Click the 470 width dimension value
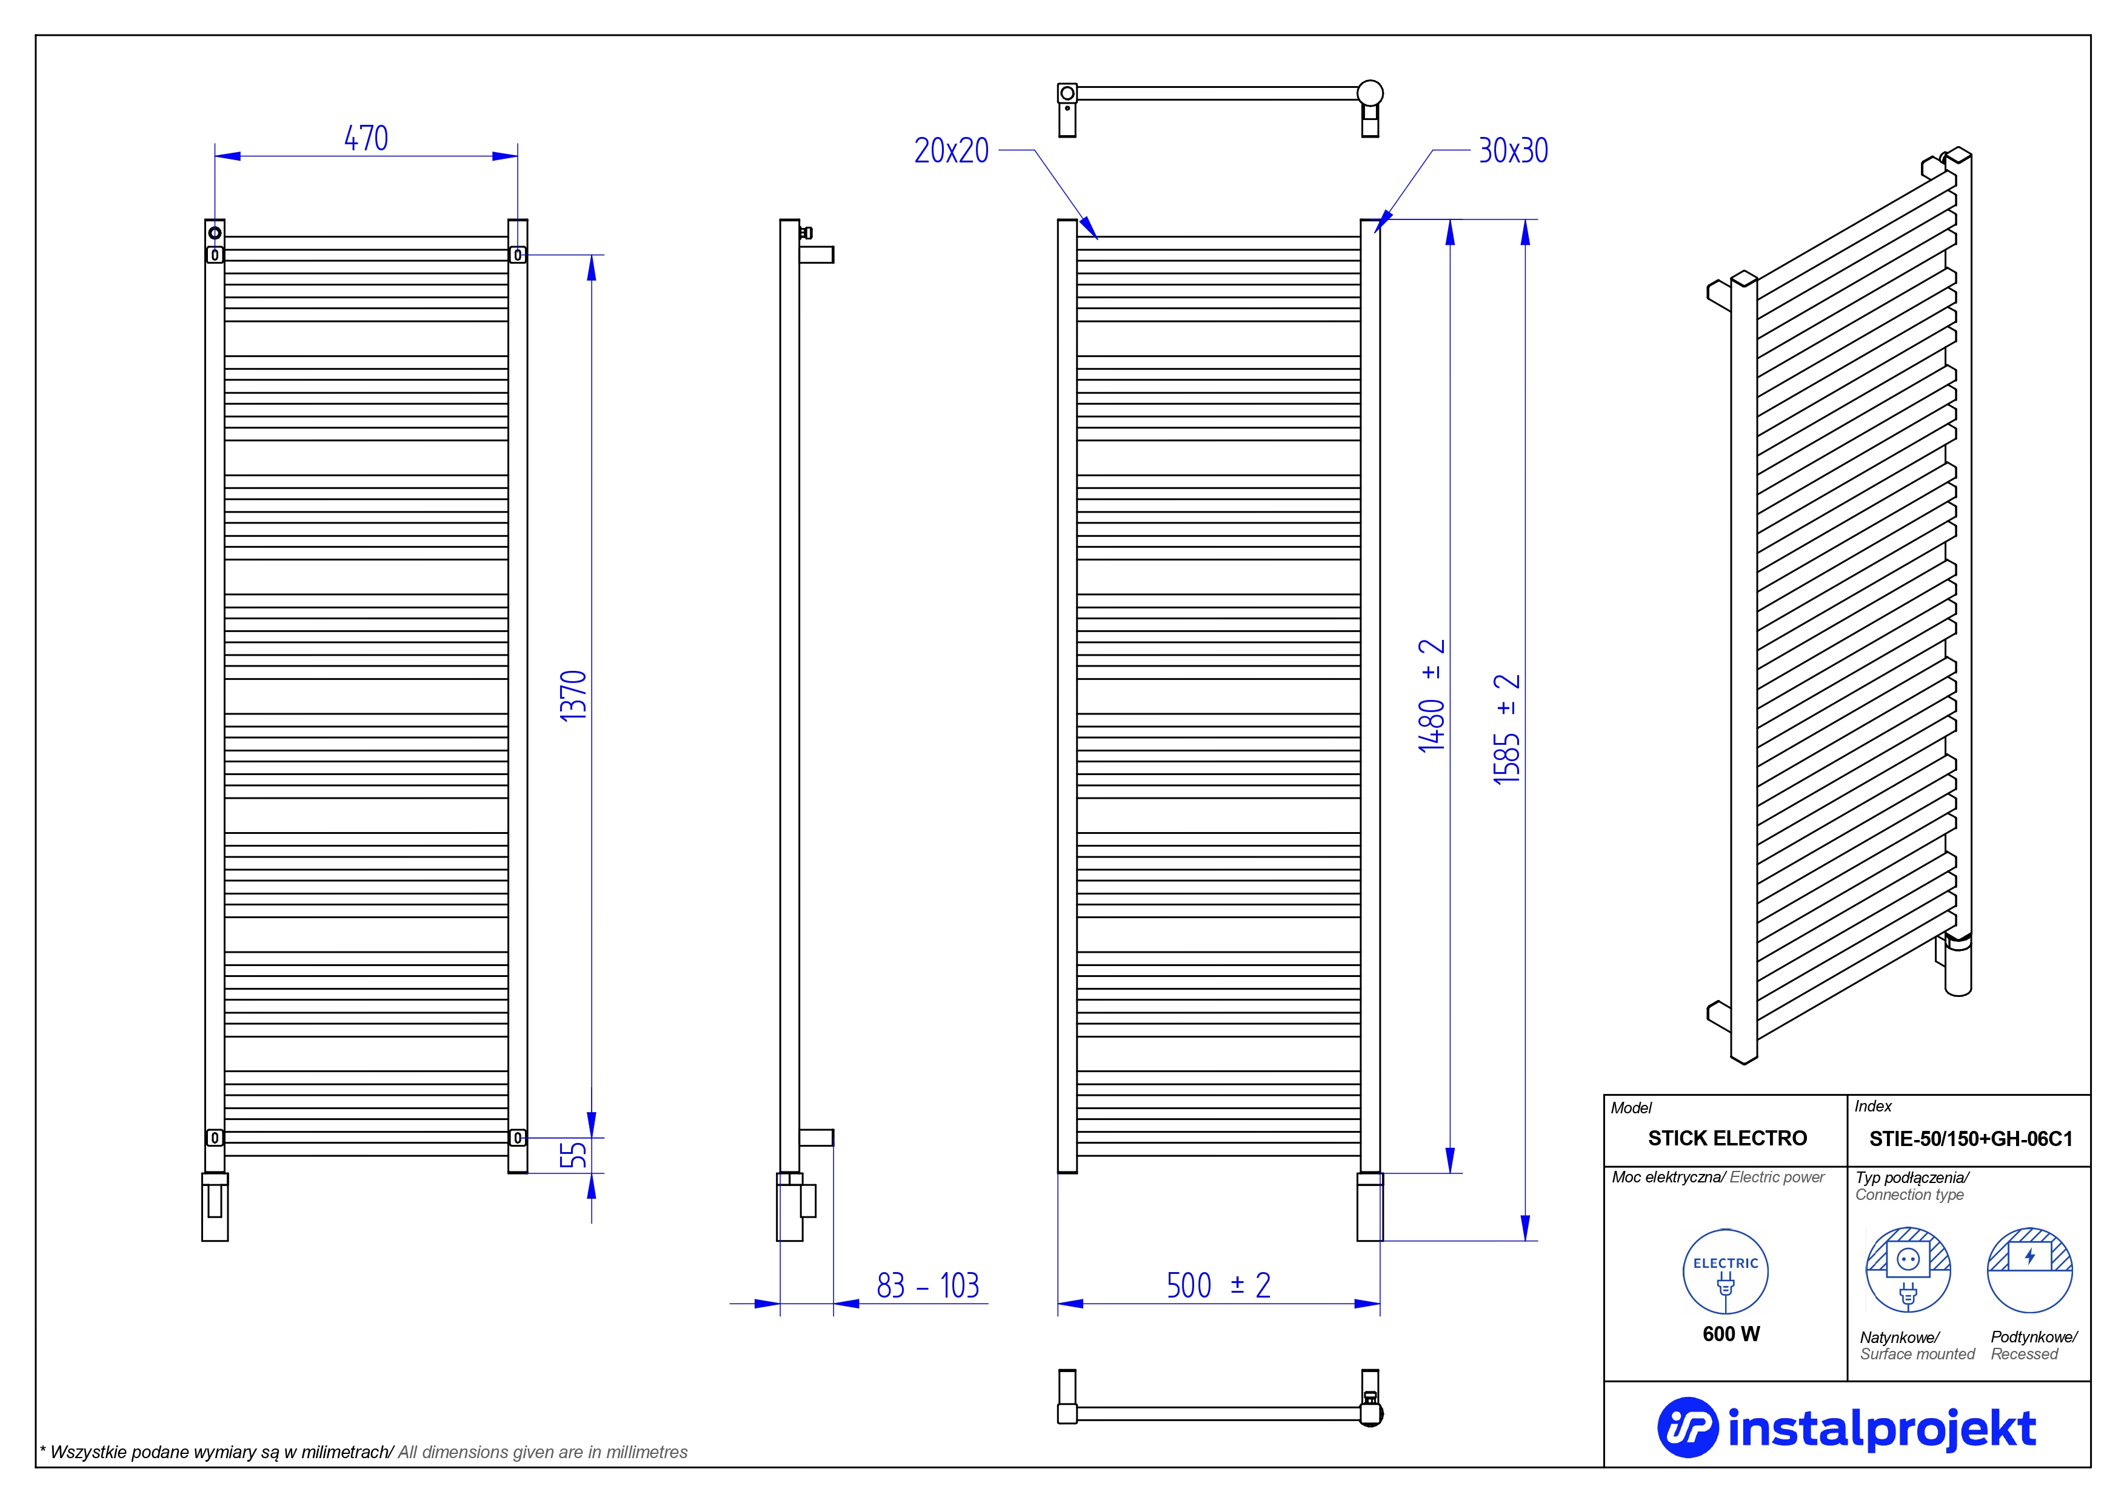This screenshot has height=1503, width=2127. pos(366,139)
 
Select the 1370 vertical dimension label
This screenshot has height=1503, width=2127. pos(573,696)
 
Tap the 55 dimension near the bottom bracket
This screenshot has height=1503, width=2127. pos(573,1155)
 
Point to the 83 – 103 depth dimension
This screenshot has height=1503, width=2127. pos(927,1285)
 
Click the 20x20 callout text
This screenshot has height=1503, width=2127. pos(952,151)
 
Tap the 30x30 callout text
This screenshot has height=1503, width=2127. pos(1513,151)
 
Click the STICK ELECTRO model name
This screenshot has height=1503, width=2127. pos(1727,1138)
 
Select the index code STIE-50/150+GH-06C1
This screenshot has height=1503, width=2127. pos(1971,1139)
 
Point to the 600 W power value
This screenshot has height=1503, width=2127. pos(1731,1333)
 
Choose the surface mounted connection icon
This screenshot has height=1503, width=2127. pos(1908,1270)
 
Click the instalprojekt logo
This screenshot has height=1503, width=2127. pos(1846,1428)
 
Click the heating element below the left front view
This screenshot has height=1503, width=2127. pos(215,1207)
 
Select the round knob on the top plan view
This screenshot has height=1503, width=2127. pos(1370,93)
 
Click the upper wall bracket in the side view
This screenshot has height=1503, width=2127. pos(816,254)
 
